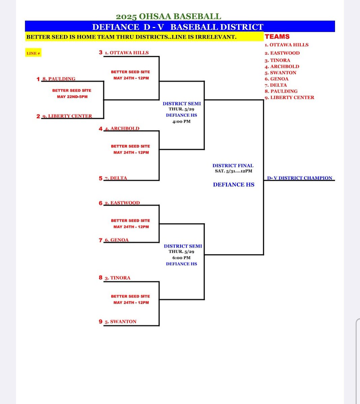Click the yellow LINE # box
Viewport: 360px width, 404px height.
coord(33,53)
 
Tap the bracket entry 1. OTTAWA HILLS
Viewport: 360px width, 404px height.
coord(126,53)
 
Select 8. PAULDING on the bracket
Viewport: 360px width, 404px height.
coord(59,79)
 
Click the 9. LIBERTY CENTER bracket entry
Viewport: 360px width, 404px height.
coord(67,116)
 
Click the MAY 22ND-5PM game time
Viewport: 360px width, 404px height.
coord(72,97)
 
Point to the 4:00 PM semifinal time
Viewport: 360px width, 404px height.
coord(181,122)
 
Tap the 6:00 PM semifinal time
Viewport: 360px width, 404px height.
coord(181,258)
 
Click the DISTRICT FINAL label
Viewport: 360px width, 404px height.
coord(233,166)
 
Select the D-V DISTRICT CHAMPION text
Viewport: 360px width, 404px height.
coord(300,178)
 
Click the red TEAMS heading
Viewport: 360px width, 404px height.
coord(277,37)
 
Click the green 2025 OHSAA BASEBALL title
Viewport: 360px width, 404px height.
coord(169,16)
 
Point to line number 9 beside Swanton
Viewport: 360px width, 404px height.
coord(100,322)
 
